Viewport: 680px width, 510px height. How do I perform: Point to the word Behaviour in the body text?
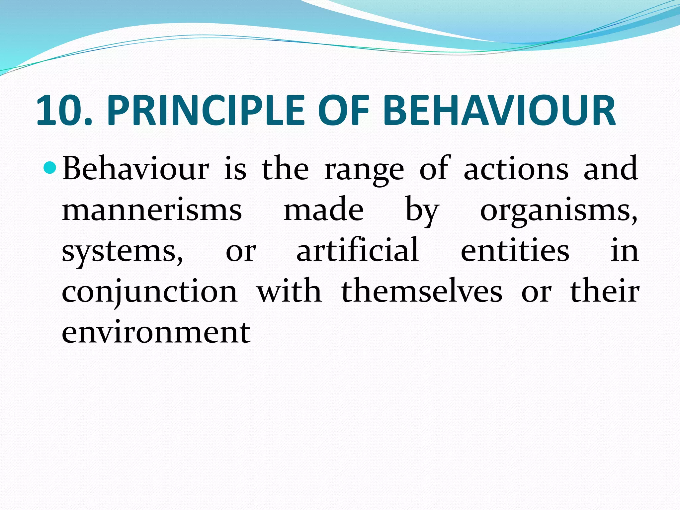tap(136, 169)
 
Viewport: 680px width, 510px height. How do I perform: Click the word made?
tap(323, 210)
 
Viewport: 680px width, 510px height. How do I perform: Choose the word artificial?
tap(357, 250)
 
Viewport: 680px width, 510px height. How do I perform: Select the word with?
tap(290, 291)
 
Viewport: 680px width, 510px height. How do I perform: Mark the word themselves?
tap(422, 291)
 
